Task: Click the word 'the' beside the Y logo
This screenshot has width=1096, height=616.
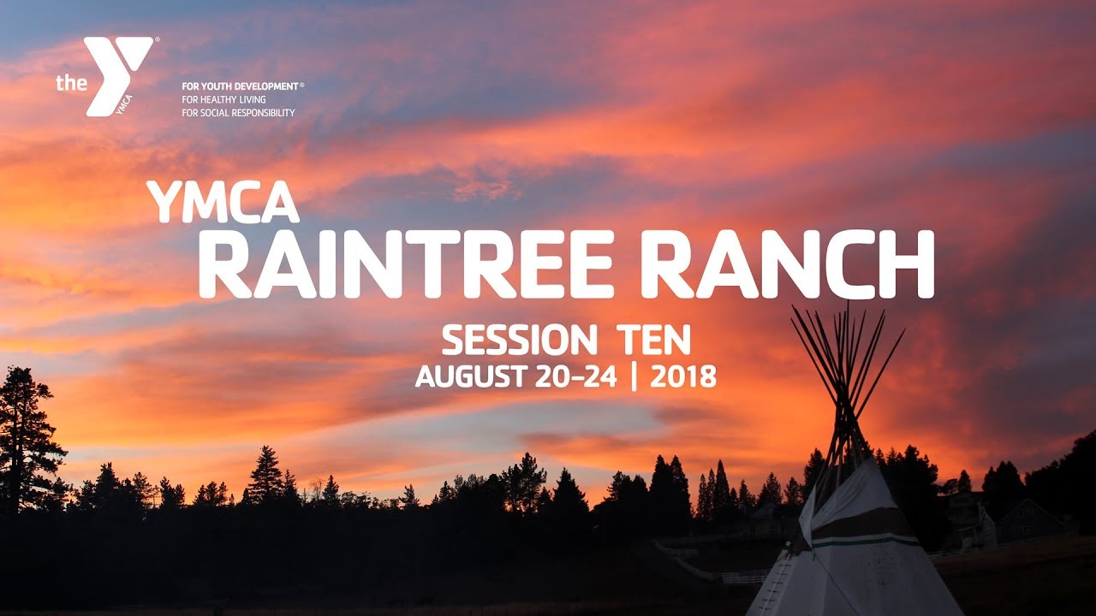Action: [70, 83]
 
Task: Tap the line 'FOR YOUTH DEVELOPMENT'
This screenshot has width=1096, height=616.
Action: [240, 86]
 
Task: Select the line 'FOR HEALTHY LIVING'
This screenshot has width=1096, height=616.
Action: [223, 99]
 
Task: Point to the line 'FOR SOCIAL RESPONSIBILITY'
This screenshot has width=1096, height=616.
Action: [238, 113]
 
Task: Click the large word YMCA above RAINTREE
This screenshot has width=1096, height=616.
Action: [223, 204]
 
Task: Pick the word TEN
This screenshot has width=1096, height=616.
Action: [653, 341]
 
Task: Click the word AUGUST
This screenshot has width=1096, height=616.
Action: [471, 376]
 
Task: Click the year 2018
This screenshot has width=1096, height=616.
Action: [682, 376]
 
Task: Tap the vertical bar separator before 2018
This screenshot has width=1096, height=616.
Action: [634, 376]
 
